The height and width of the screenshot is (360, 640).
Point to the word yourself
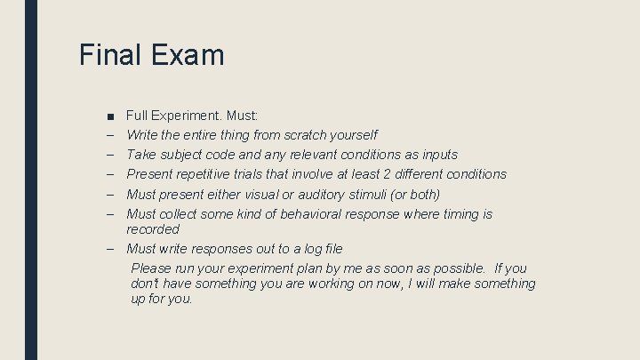pyautogui.click(x=353, y=135)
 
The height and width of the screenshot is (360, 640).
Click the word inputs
pyautogui.click(x=437, y=155)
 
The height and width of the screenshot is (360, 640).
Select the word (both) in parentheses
pyautogui.click(x=420, y=194)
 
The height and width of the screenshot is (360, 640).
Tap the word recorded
pyautogui.click(x=153, y=229)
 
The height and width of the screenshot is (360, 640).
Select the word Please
pyautogui.click(x=152, y=268)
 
